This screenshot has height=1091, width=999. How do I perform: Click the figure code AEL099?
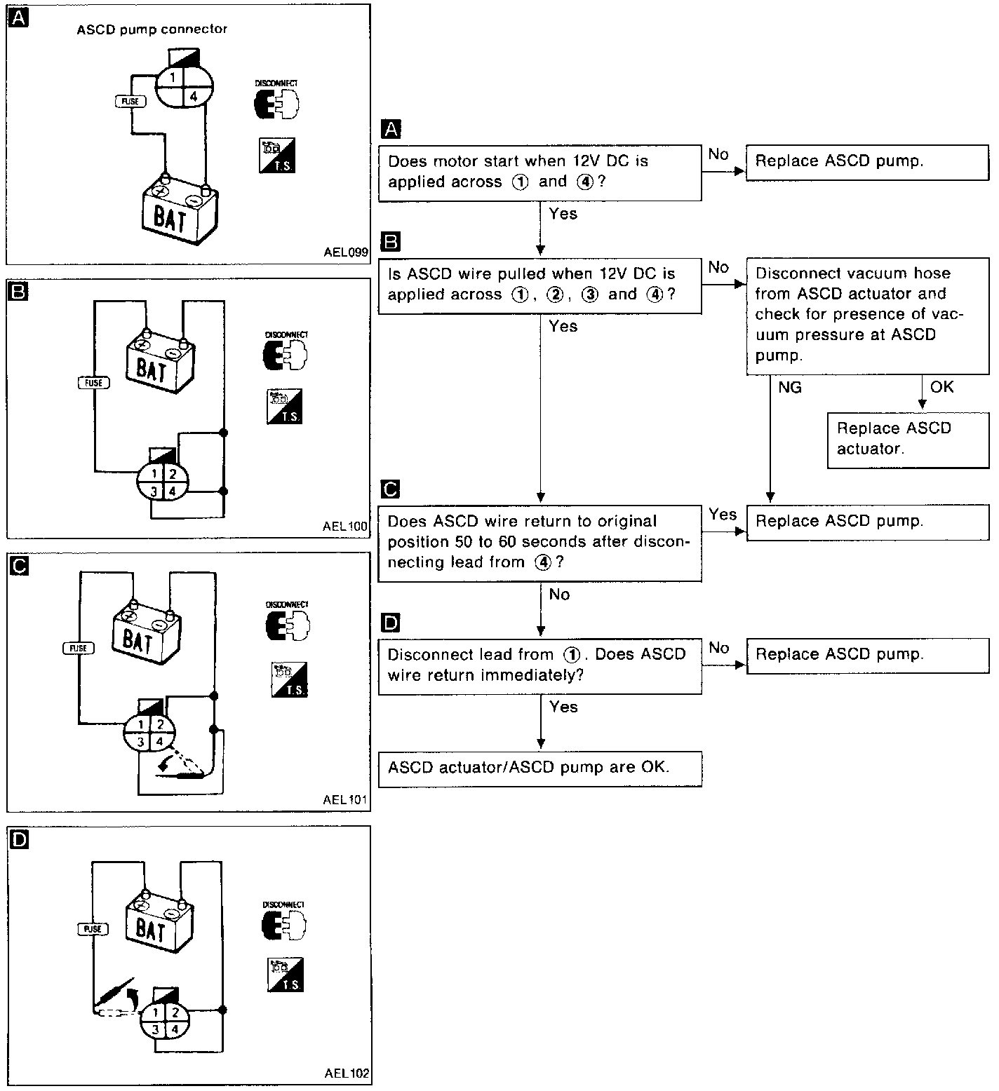click(x=346, y=253)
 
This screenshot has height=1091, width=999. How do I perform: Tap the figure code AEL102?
click(x=347, y=1073)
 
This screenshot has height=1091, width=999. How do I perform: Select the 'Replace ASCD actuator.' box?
click(x=909, y=439)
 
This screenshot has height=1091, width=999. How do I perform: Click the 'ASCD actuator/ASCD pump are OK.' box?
click(x=539, y=768)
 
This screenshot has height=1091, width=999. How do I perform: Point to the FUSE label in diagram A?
click(x=130, y=102)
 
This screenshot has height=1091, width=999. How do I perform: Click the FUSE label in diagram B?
click(x=93, y=383)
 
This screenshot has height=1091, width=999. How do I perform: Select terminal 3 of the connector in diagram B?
click(x=154, y=492)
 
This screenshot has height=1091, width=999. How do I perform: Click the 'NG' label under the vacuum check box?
click(x=790, y=387)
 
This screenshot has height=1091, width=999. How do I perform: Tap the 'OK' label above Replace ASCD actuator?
click(x=941, y=387)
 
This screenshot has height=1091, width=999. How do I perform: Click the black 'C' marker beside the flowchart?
click(x=390, y=489)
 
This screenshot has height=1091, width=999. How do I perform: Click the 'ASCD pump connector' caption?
click(x=152, y=29)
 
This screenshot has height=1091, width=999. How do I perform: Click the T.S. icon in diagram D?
click(x=286, y=974)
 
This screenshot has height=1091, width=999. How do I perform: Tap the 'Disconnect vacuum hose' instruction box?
click(x=867, y=314)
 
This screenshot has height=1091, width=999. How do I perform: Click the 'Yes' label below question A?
click(x=563, y=214)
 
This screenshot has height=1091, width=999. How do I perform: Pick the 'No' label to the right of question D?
click(x=718, y=648)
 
